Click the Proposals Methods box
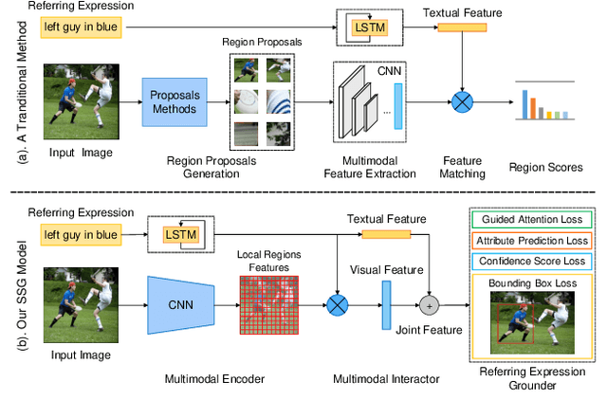coord(175,103)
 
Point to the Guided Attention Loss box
coord(531,220)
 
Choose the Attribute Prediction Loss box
coord(531,241)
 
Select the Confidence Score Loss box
coord(531,261)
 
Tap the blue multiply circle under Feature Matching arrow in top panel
coord(462,102)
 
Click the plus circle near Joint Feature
coord(431,305)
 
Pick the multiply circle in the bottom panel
coord(338,305)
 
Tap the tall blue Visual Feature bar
coord(386,305)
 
